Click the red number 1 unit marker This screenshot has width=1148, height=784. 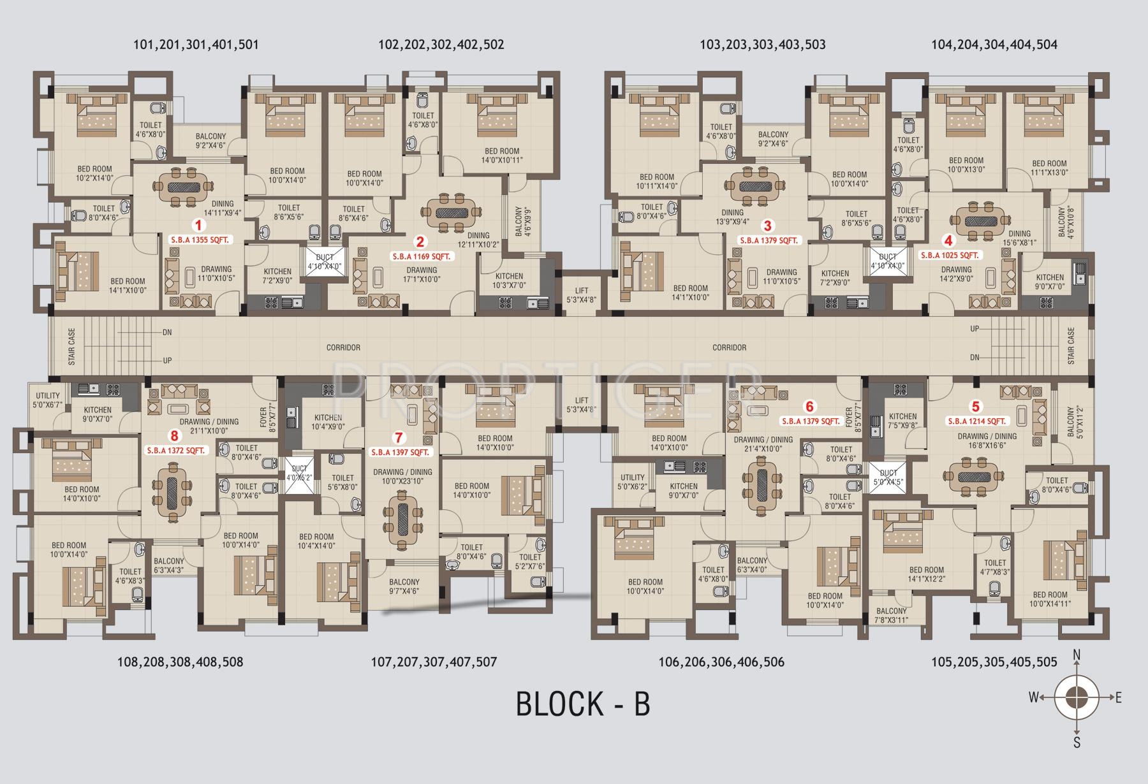[198, 225]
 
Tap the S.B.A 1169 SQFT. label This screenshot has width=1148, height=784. [420, 256]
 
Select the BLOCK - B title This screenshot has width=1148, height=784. [582, 704]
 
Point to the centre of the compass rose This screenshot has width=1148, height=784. [1077, 697]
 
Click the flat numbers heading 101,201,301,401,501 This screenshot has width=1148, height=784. [196, 45]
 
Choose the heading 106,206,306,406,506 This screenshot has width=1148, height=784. [721, 662]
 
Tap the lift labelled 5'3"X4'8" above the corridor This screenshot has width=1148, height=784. [581, 294]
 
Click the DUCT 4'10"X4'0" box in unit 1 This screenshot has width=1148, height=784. [325, 261]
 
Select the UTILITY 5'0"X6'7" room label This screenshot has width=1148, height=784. [48, 400]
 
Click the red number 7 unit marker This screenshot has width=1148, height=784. [399, 437]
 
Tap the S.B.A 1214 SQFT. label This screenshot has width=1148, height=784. [976, 421]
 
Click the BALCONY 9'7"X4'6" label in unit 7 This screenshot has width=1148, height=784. [404, 586]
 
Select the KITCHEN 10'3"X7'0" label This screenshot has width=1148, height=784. [510, 280]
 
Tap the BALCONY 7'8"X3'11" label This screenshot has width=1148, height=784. [891, 615]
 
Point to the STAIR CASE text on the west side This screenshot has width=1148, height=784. [71, 346]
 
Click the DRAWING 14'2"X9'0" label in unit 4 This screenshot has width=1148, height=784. [956, 273]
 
